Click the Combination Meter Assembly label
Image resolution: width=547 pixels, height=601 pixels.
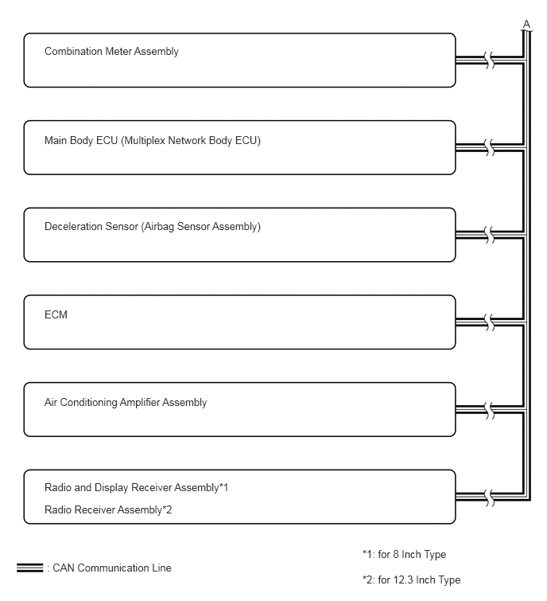tap(111, 52)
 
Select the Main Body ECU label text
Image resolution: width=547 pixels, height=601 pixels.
tap(153, 141)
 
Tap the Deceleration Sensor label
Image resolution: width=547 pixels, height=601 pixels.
tap(153, 227)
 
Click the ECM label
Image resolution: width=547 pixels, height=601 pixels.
tap(56, 314)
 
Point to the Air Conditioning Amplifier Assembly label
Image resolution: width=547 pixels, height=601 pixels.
tap(126, 403)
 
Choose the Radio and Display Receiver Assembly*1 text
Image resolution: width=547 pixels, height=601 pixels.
tap(136, 487)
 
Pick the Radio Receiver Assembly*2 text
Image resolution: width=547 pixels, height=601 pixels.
tap(108, 509)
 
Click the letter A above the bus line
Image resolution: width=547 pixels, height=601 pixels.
tap(526, 25)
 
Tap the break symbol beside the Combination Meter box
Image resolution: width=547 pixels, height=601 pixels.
tap(490, 60)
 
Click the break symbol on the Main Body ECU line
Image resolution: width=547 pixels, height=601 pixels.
tap(490, 147)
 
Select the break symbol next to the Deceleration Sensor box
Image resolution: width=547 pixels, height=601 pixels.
tap(490, 235)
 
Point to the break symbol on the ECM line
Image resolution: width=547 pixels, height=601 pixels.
tap(490, 322)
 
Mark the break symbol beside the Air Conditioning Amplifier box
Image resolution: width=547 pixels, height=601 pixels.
tap(490, 410)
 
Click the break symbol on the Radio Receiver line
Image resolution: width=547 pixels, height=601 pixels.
tap(490, 498)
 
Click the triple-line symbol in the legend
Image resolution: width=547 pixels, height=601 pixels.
tap(30, 568)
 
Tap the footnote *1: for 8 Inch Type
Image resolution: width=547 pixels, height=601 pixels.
tap(404, 555)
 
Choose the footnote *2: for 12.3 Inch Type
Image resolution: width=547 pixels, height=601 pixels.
tap(412, 580)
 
